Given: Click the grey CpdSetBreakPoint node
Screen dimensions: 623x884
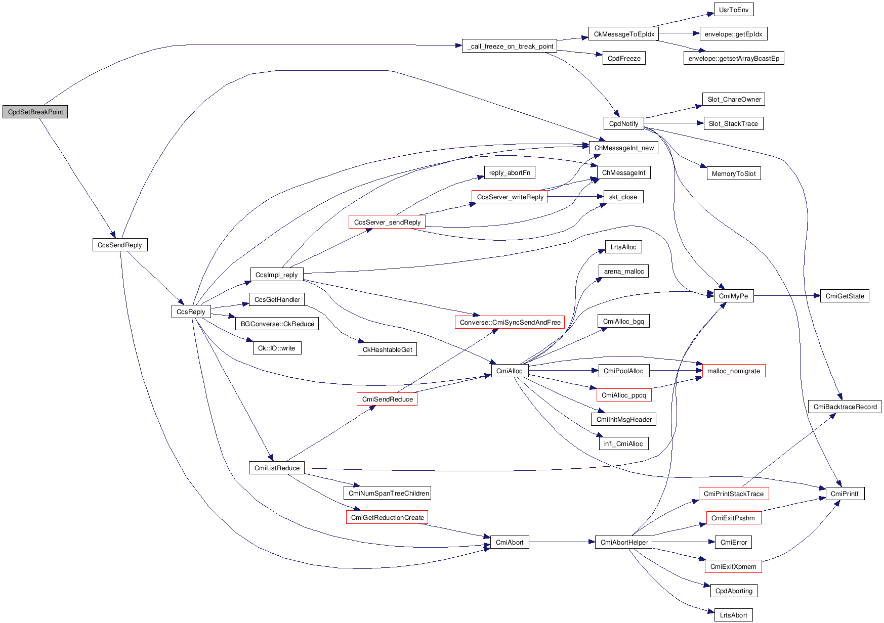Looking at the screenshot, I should click(x=35, y=112).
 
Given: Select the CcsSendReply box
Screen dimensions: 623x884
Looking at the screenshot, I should click(x=120, y=245).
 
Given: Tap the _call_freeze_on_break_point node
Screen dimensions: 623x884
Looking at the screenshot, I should click(x=510, y=46).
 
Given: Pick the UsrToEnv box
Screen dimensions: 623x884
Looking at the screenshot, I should click(x=733, y=10).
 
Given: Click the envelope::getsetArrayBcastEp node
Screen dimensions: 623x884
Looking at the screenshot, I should click(x=733, y=58).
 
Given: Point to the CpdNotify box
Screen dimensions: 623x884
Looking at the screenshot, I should click(x=623, y=123).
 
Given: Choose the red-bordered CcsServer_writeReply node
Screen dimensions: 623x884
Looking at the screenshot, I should click(x=510, y=197).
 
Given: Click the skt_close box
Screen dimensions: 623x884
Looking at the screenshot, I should click(x=623, y=197).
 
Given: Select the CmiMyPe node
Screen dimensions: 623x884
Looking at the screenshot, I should click(x=733, y=296).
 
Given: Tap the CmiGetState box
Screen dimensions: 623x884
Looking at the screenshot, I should click(x=845, y=296).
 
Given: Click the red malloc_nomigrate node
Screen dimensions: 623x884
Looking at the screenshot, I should click(x=733, y=371).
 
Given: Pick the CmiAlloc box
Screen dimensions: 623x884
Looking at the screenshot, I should click(x=510, y=371).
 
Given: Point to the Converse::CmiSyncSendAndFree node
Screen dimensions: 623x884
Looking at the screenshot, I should click(x=510, y=322).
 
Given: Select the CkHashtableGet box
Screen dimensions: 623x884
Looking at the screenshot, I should click(x=387, y=349).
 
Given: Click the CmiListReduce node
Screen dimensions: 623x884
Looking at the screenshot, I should click(x=277, y=468).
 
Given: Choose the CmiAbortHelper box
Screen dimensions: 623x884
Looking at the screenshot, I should click(x=623, y=542).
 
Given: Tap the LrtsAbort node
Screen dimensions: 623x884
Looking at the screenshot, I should click(x=733, y=615).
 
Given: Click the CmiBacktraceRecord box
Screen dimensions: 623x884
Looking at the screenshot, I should click(x=845, y=407).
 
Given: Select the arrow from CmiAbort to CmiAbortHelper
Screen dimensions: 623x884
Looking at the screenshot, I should click(x=562, y=542).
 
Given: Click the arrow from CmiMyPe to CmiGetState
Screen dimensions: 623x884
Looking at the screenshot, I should click(x=787, y=296).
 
